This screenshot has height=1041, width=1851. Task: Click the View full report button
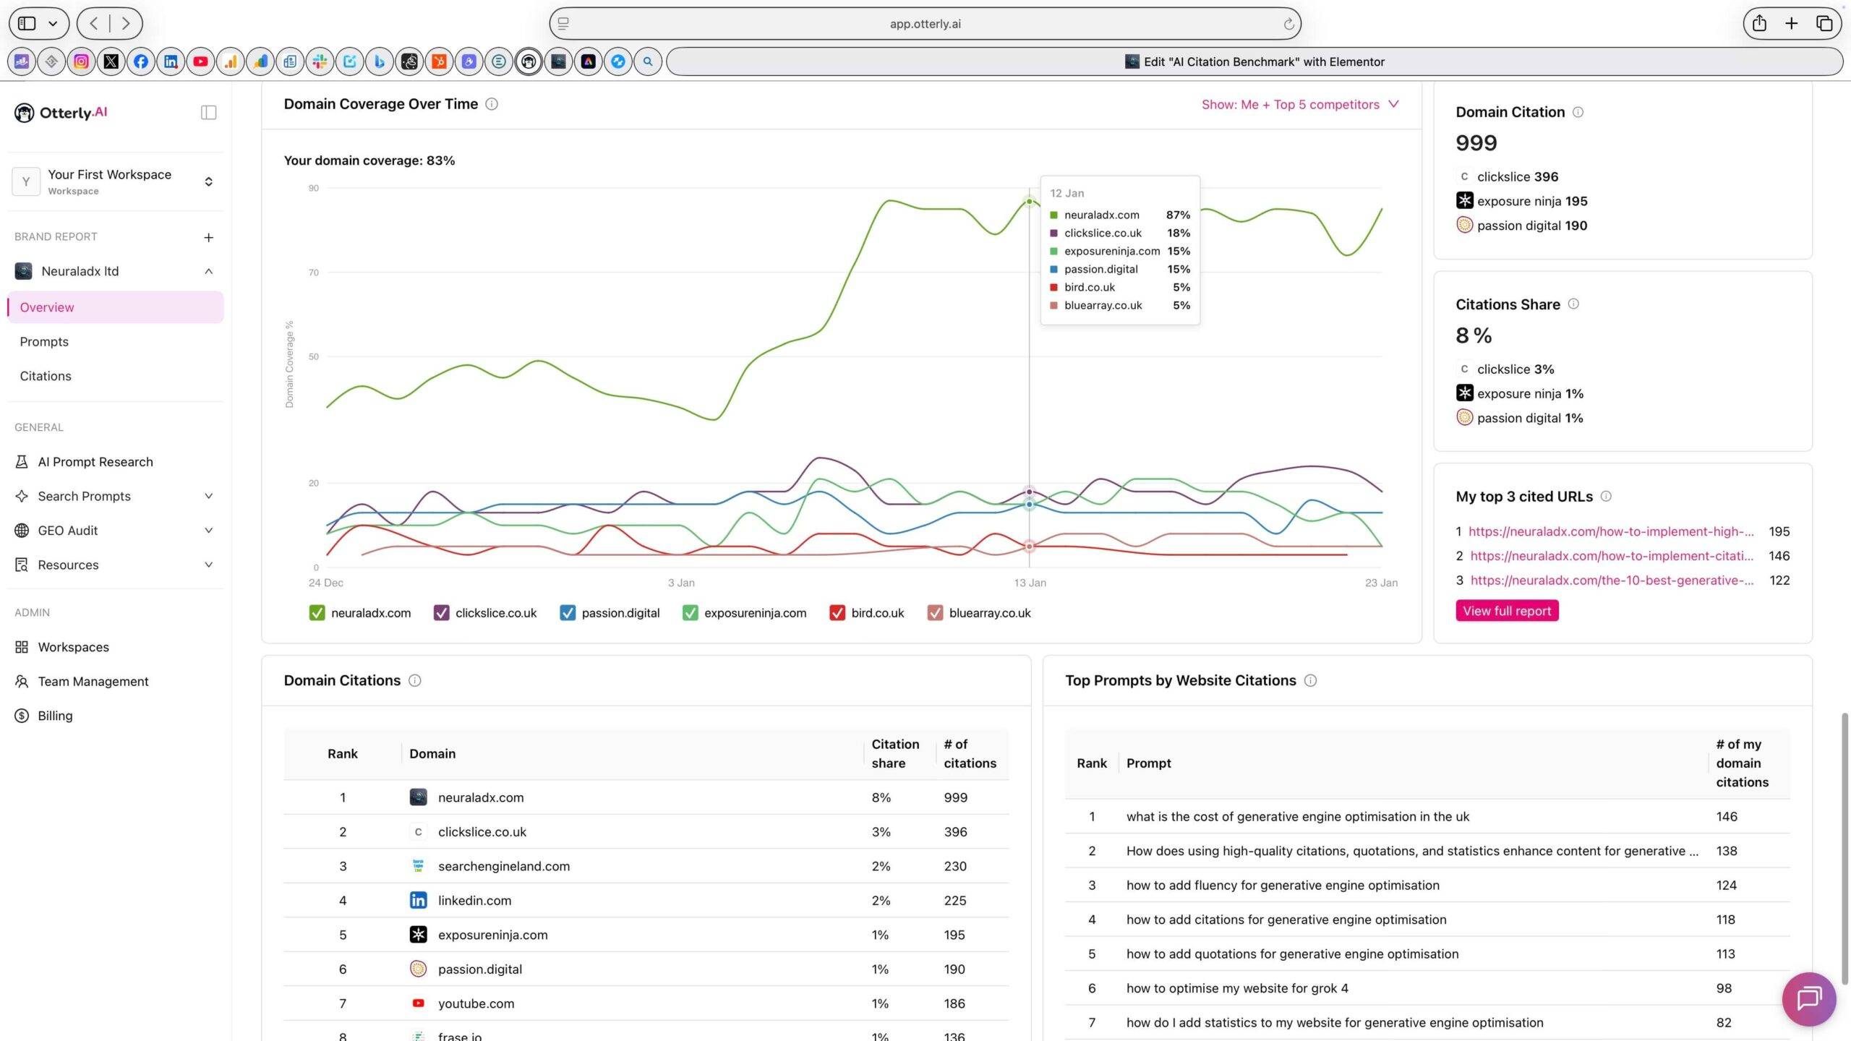coord(1507,611)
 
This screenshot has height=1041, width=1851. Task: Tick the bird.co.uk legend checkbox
coord(837,613)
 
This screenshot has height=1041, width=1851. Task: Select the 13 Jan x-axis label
coord(1030,583)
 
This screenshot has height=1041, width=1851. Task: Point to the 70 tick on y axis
coord(313,273)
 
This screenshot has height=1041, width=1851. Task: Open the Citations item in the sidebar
coord(46,376)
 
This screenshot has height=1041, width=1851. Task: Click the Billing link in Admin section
coord(55,716)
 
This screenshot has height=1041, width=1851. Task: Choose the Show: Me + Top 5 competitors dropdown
coord(1299,105)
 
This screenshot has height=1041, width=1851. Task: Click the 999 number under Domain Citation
coord(1476,143)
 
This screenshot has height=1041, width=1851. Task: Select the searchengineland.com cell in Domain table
coord(503,866)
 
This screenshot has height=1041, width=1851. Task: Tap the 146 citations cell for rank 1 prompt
coord(1726,816)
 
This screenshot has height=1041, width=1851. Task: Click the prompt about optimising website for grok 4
coord(1236,988)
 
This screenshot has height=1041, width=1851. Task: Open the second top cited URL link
coord(1611,556)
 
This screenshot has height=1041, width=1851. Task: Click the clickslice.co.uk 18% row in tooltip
coord(1119,233)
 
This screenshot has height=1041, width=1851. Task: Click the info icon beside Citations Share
coord(1573,304)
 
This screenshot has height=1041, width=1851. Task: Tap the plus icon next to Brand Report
coord(208,237)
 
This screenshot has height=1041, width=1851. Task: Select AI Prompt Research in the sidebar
coord(95,462)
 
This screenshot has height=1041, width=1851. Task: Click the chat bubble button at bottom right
coord(1809,999)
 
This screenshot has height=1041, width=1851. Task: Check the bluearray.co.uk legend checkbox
coord(935,613)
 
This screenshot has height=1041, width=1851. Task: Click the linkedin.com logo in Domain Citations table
coord(418,900)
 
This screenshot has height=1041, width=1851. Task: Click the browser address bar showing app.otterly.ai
coord(925,24)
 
